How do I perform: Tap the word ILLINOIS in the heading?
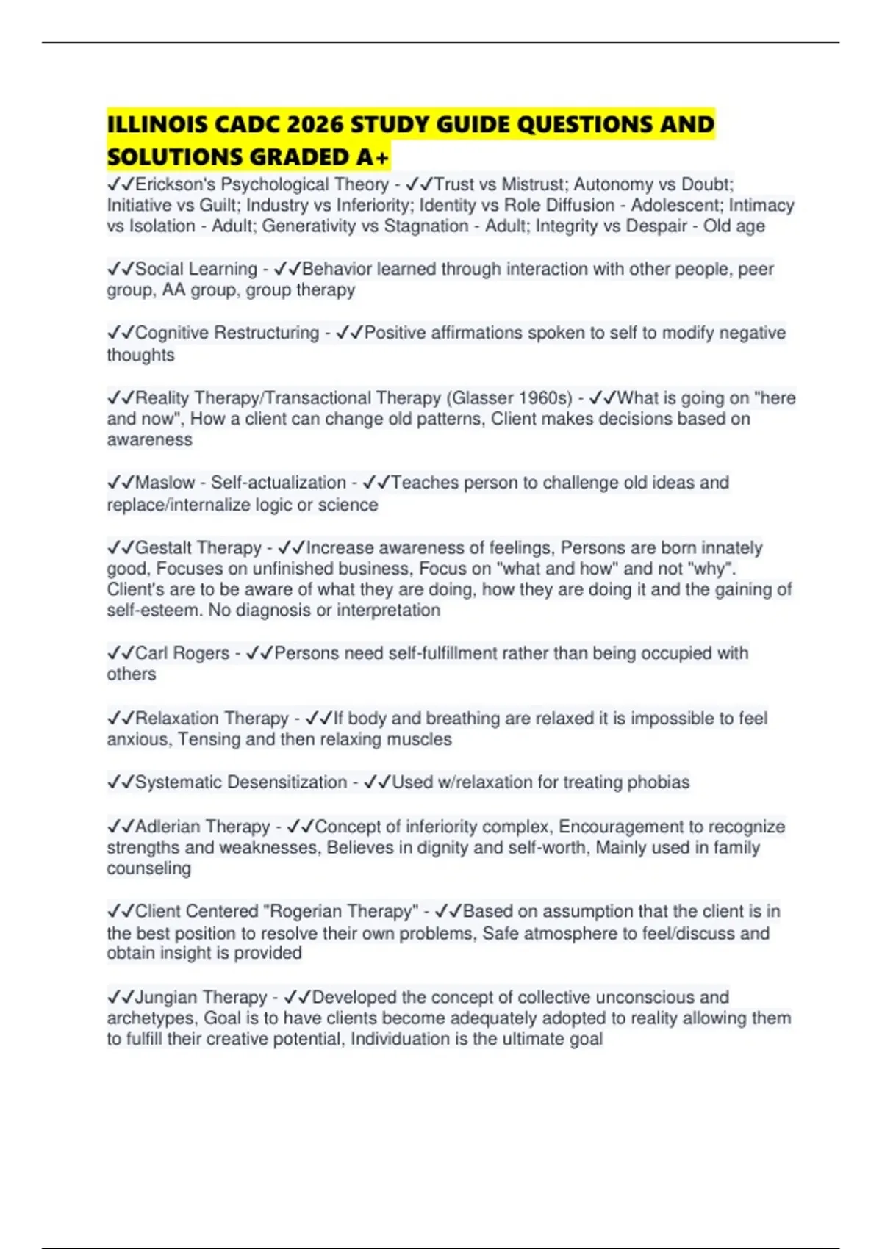(157, 124)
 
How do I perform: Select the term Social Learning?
(196, 269)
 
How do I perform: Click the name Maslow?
(165, 483)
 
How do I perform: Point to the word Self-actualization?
(278, 483)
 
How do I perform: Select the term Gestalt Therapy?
(198, 548)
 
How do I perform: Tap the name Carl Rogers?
(182, 653)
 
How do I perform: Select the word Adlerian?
(167, 827)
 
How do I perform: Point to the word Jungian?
(165, 997)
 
